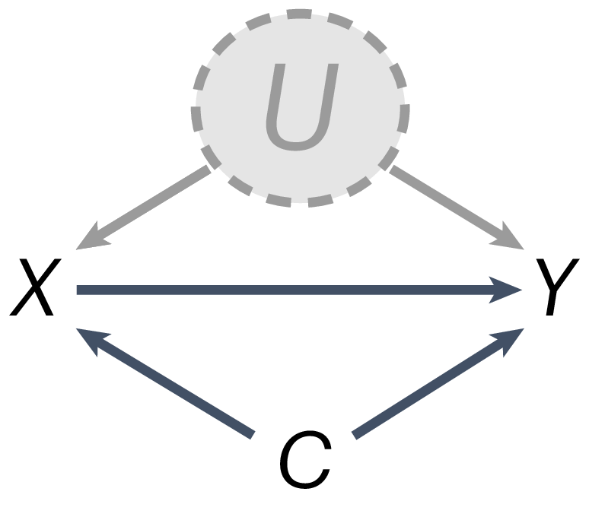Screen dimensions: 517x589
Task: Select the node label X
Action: pos(34,288)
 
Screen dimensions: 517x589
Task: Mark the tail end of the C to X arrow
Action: pos(250,433)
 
